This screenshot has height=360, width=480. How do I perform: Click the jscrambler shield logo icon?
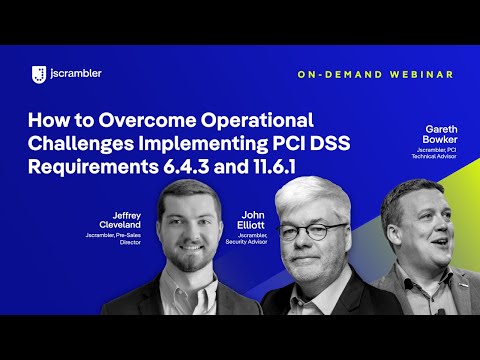click(x=39, y=73)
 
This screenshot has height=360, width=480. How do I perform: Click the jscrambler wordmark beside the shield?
click(x=74, y=73)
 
